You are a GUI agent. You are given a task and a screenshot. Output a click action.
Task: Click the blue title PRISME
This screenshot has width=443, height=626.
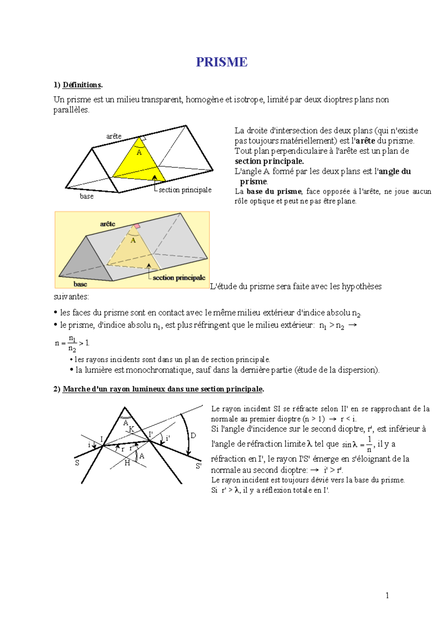221,62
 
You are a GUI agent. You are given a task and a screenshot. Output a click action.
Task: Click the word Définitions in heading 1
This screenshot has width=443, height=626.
82,85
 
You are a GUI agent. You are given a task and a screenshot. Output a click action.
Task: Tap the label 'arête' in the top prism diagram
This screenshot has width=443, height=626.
114,136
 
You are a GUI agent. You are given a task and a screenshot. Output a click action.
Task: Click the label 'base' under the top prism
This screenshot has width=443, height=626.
87,197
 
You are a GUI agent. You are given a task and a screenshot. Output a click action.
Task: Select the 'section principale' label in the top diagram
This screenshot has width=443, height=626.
185,190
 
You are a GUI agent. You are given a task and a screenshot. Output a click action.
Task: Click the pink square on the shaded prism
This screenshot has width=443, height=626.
137,226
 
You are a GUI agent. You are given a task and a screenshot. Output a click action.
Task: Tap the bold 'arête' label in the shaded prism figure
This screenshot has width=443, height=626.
107,224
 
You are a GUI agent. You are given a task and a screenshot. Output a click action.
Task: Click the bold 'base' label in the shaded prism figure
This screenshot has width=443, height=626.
80,284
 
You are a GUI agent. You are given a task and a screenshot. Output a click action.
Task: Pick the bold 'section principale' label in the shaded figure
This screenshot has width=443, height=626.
179,278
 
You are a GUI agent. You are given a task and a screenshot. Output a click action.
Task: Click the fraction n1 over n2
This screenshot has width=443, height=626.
72,344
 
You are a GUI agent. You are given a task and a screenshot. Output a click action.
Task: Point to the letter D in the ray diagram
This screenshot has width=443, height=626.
193,436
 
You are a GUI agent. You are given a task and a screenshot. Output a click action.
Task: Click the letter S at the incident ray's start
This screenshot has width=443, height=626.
77,463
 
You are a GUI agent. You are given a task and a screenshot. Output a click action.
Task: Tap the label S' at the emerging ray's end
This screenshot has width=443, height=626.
198,466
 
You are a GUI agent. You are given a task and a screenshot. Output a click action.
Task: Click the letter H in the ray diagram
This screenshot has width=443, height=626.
127,463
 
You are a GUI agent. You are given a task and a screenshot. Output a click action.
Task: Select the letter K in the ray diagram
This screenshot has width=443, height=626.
131,429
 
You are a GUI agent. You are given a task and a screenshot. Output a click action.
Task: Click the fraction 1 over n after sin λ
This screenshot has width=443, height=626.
369,444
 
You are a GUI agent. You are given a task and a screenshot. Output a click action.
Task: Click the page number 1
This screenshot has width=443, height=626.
387,595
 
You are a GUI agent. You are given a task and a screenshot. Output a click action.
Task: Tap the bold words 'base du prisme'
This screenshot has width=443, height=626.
274,191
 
